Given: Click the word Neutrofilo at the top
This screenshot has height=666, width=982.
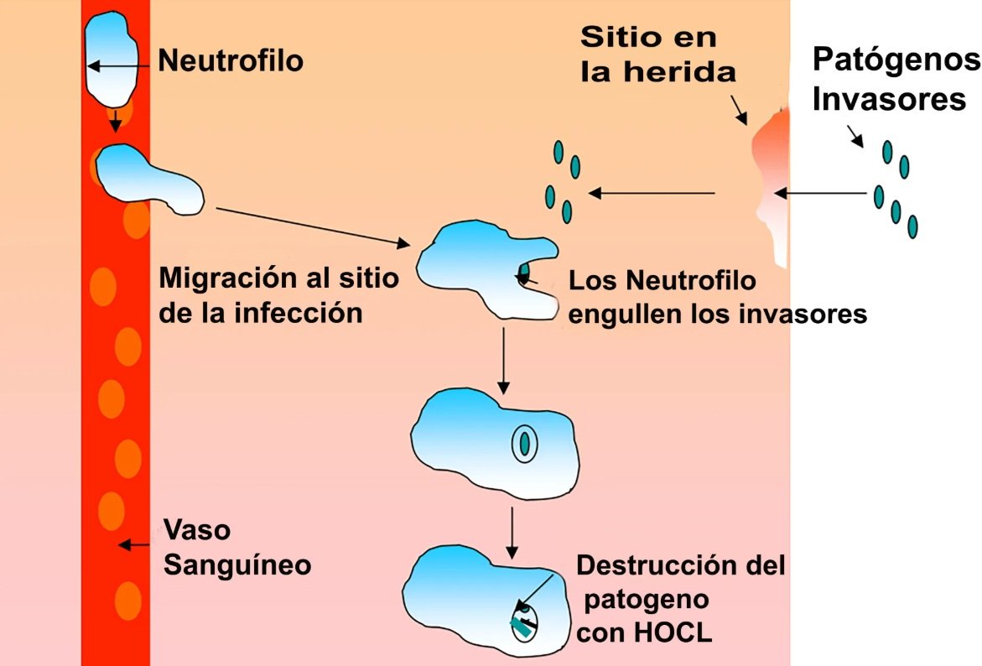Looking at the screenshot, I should click(x=231, y=60).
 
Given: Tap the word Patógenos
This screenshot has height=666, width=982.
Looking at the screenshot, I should click(x=896, y=60).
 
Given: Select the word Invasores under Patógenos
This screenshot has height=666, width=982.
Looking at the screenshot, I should click(x=890, y=99).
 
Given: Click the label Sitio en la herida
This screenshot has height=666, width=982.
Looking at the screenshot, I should click(x=657, y=54).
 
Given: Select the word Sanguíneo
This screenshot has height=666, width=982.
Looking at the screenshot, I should click(x=237, y=565).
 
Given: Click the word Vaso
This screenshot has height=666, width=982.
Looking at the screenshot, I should click(x=196, y=530).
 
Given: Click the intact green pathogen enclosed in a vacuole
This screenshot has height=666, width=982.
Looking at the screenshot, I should click(x=524, y=441).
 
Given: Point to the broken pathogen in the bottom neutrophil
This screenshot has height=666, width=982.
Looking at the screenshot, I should click(x=524, y=624).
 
